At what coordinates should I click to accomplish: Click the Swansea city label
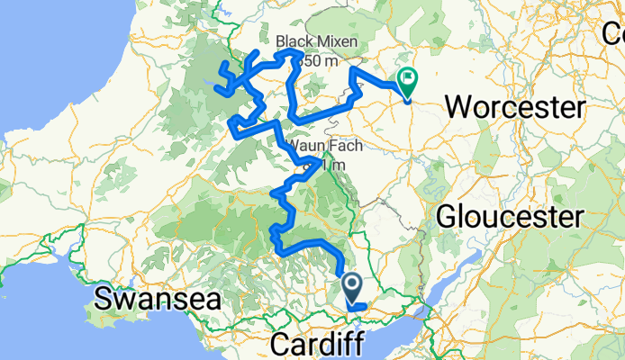click(158, 298)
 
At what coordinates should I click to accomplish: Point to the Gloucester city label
click(510, 216)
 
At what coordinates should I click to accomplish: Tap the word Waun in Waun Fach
click(303, 146)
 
